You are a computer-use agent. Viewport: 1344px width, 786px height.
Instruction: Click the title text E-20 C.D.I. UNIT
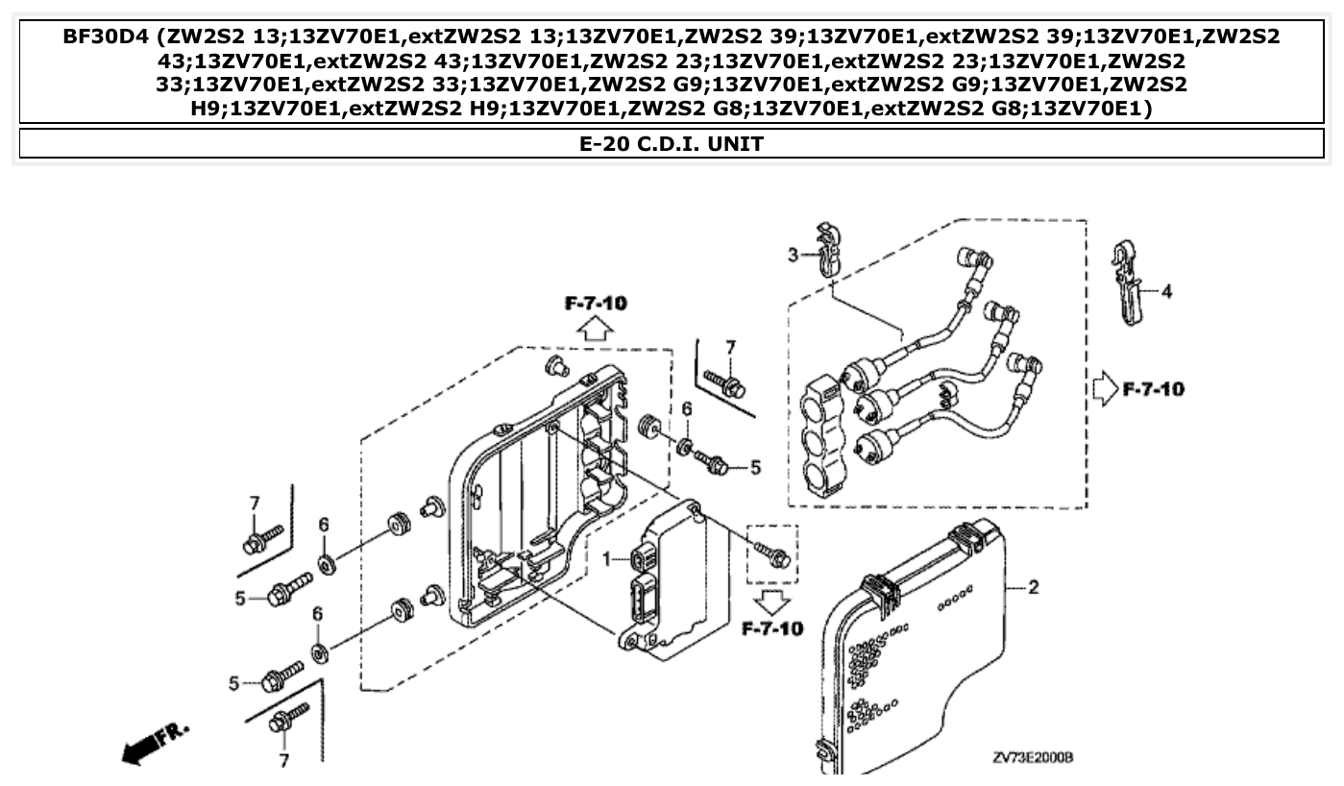point(672,144)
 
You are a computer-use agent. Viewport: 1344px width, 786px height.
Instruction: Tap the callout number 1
point(606,559)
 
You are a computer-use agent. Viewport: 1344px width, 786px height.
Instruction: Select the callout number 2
point(1033,587)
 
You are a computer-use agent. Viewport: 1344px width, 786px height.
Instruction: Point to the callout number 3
point(793,255)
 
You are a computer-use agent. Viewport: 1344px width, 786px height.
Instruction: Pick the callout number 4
point(1166,290)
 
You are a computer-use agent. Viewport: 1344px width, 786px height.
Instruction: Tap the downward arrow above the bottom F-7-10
point(772,602)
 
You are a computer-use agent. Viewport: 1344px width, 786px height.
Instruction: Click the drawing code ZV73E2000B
point(1033,757)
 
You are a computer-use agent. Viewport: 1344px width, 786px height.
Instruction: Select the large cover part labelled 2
point(913,653)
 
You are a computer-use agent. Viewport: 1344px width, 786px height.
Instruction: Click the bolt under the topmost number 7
point(726,385)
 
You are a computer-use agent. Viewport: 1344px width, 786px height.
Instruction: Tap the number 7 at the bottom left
point(282,760)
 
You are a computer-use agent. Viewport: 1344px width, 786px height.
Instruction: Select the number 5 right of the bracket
point(755,468)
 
